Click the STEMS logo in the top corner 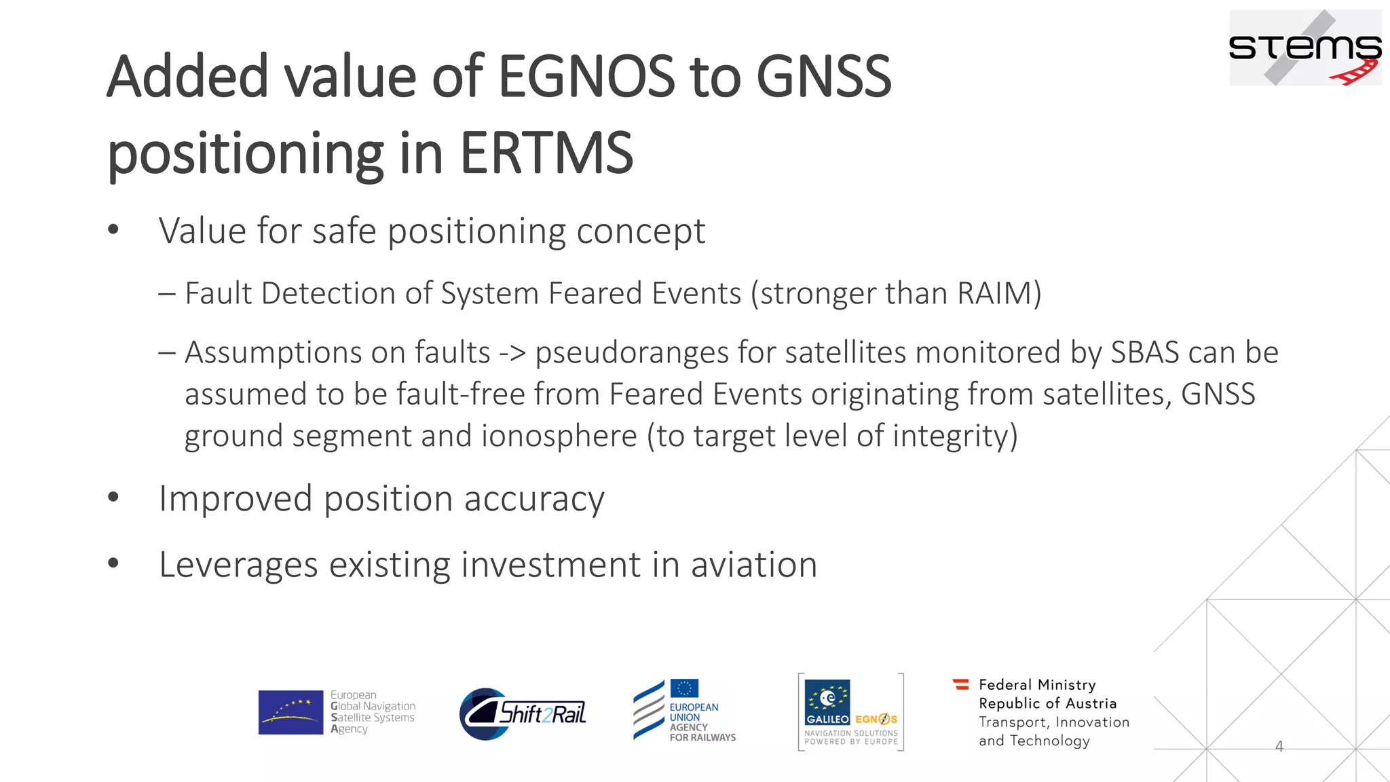(x=1304, y=48)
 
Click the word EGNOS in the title (x=586, y=76)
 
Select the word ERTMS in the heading (x=546, y=153)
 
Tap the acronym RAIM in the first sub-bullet (x=994, y=294)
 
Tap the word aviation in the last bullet (x=753, y=565)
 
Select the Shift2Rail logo (x=523, y=713)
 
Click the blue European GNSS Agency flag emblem (x=290, y=712)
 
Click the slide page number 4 (x=1279, y=747)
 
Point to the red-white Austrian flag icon (x=961, y=684)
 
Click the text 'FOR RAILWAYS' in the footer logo (x=702, y=737)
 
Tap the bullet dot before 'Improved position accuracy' (x=113, y=498)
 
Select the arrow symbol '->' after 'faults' (x=512, y=353)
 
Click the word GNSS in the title (x=823, y=76)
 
